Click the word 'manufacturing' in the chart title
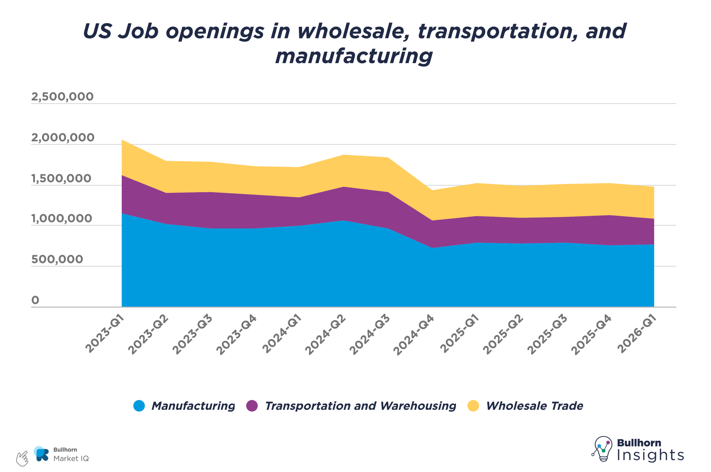point(354,56)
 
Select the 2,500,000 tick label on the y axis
point(62,97)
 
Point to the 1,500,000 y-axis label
point(61,179)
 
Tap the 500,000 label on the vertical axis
point(57,259)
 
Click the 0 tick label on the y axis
point(35,300)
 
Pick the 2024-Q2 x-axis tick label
point(325,334)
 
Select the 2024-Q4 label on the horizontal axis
point(414,334)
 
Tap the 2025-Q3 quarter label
point(547,334)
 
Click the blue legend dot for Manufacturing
point(139,406)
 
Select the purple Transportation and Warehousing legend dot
point(252,406)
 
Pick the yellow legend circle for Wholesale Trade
point(473,406)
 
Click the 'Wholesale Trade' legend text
point(534,406)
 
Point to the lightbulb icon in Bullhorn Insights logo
point(603,448)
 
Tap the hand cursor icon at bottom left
point(22,458)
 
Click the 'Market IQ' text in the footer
point(71,458)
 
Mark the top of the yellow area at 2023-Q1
point(122,140)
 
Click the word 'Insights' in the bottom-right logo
point(650,455)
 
